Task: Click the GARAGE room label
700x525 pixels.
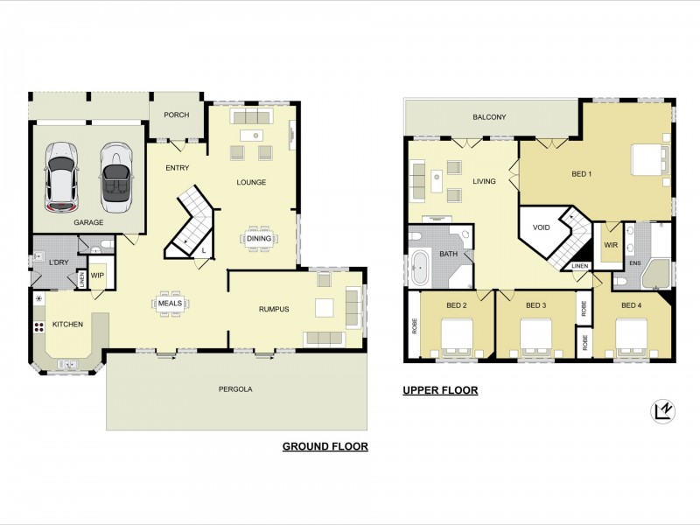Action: (x=88, y=223)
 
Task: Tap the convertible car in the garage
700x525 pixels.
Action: (x=115, y=178)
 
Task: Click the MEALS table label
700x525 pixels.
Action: (x=170, y=304)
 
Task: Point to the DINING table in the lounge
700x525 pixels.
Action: (x=258, y=238)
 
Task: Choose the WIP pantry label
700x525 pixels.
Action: (x=97, y=275)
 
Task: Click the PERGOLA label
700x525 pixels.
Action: (x=237, y=389)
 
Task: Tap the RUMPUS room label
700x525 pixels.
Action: (x=274, y=309)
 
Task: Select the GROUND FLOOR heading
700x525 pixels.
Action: (x=325, y=446)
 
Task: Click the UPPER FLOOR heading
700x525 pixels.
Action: (x=440, y=390)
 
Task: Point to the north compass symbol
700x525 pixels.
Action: (x=662, y=410)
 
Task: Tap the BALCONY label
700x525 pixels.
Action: (x=489, y=117)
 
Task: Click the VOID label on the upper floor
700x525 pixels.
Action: (x=542, y=227)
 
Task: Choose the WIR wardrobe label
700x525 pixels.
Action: (x=611, y=246)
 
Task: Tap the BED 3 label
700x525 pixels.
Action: (x=536, y=305)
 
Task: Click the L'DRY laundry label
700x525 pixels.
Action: (x=59, y=262)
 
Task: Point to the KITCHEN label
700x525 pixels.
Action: (x=67, y=324)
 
